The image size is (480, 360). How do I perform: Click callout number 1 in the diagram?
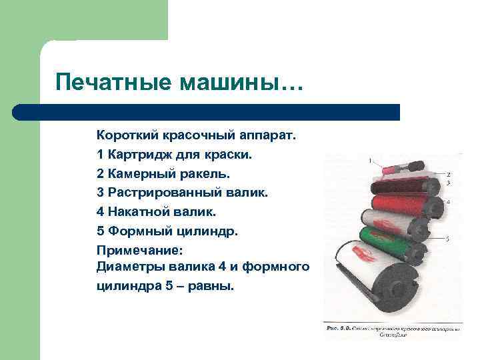pyautogui.click(x=370, y=160)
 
